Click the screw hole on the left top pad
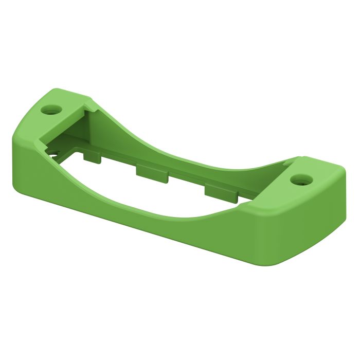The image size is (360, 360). (50, 110)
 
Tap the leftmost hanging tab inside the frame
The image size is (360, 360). (93, 156)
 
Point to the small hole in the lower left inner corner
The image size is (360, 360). (53, 153)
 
